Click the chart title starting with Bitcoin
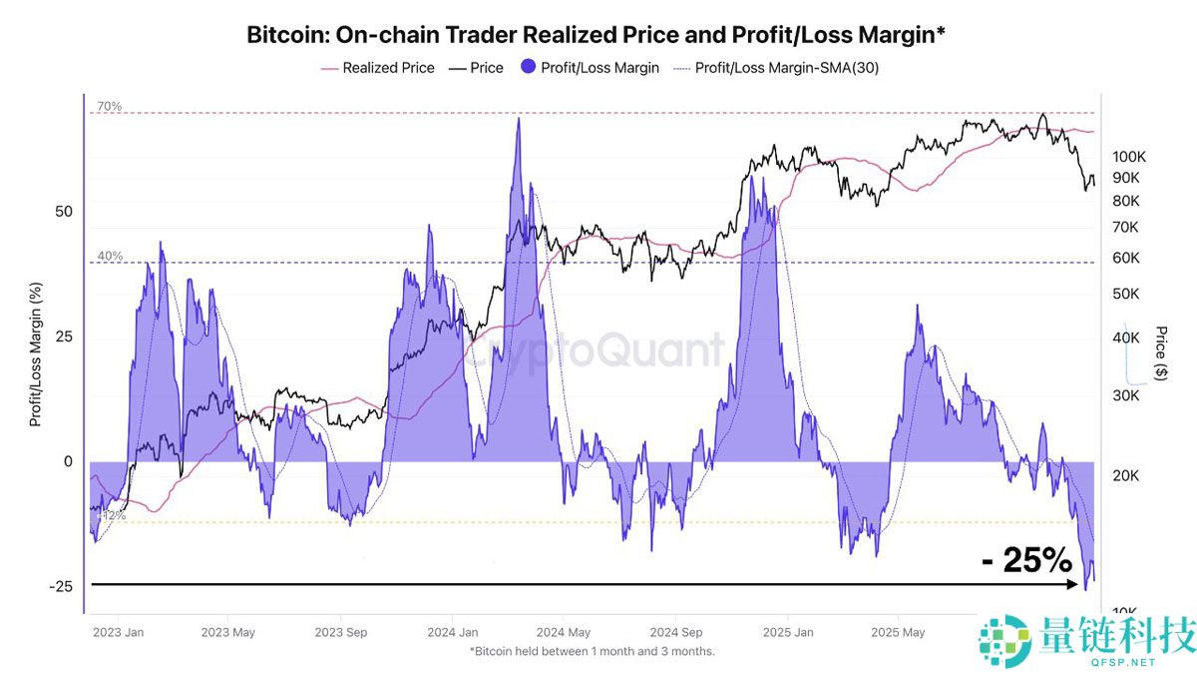[x=597, y=35]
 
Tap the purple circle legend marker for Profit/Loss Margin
[x=526, y=68]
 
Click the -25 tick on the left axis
[x=63, y=586]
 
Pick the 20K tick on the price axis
[x=1125, y=476]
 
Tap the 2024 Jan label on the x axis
[x=452, y=632]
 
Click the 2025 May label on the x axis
[x=898, y=632]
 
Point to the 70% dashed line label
[x=109, y=106]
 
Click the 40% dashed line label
[x=109, y=256]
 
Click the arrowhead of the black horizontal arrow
[x=1075, y=585]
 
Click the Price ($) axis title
[x=1160, y=351]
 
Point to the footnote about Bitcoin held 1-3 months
[x=592, y=651]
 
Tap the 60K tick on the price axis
[x=1125, y=258]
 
